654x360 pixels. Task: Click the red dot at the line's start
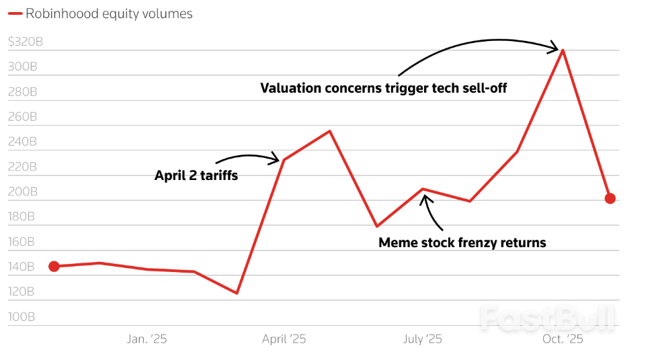pyautogui.click(x=54, y=267)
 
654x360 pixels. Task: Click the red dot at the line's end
pyautogui.click(x=610, y=198)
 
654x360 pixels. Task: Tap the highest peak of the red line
pyautogui.click(x=562, y=50)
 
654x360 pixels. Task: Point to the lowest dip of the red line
pyautogui.click(x=237, y=293)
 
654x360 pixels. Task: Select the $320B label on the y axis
pyautogui.click(x=26, y=42)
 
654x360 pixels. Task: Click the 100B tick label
pyautogui.click(x=22, y=316)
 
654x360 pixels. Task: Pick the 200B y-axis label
pyautogui.click(x=22, y=191)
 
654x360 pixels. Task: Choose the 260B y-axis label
pyautogui.click(x=22, y=117)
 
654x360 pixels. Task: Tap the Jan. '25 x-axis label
pyautogui.click(x=147, y=339)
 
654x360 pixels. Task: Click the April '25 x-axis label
pyautogui.click(x=284, y=339)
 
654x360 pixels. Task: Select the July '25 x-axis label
pyautogui.click(x=422, y=339)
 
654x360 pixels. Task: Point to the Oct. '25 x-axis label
pyautogui.click(x=563, y=339)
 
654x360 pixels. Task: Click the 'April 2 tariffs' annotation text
pyautogui.click(x=196, y=176)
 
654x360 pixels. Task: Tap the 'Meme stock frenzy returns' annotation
pyautogui.click(x=462, y=242)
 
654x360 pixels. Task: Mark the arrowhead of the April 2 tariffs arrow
pyautogui.click(x=274, y=159)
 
